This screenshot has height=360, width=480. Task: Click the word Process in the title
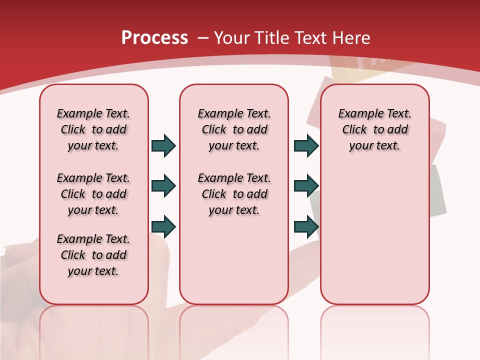pos(154,37)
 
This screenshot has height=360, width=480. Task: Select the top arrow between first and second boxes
pos(163,145)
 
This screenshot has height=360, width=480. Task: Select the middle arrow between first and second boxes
pos(163,186)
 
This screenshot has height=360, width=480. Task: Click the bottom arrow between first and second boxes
pos(163,226)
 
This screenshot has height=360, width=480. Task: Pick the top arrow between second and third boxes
pos(306,145)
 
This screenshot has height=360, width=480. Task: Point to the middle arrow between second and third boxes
pos(306,186)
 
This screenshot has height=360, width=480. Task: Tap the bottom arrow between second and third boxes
pos(306,226)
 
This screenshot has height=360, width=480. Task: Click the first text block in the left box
pos(93,129)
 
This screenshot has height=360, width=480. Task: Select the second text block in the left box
pos(93,194)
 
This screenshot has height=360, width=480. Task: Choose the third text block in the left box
pos(93,255)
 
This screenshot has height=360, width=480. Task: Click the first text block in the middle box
pos(234,129)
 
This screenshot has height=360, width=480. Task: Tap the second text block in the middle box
pos(234,194)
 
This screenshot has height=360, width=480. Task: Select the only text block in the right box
pos(374,129)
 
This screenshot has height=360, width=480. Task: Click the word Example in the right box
pos(356,114)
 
